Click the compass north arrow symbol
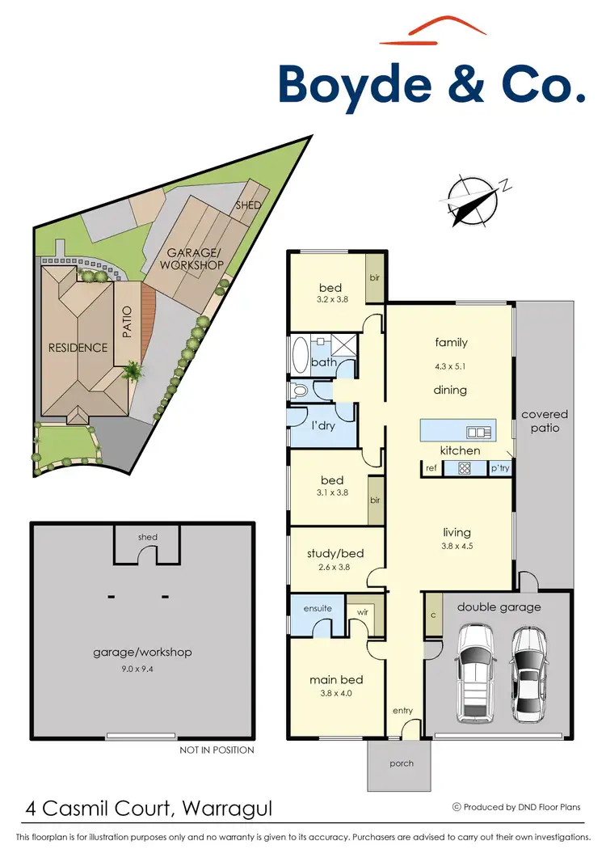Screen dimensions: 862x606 coord(471,200)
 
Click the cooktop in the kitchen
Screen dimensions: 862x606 coord(465,467)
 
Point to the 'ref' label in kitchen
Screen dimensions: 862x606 coord(431,467)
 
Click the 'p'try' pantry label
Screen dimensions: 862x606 coord(499,467)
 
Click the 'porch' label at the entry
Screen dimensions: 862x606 coord(402,763)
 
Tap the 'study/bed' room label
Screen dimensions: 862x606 coord(335,554)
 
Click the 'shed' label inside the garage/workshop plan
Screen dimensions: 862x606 coord(148,537)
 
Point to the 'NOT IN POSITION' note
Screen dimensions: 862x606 coord(217,750)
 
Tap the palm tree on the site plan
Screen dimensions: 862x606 coord(131,372)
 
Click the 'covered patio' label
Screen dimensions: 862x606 coord(545,420)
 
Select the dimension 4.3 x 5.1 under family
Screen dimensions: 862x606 coord(450,366)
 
